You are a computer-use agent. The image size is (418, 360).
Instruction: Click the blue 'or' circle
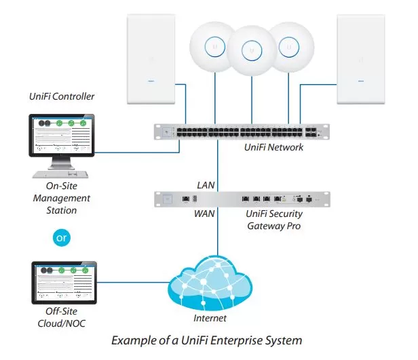62,237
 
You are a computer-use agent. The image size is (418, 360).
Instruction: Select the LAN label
206,185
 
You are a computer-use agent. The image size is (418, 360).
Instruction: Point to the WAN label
204,214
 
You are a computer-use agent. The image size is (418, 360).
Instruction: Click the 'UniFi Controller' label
62,96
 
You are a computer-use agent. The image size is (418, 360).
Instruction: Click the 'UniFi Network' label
273,147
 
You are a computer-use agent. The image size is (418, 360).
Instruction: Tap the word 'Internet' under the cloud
210,318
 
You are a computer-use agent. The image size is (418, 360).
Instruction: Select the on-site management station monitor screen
62,136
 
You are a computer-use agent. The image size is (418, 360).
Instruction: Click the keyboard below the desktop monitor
60,174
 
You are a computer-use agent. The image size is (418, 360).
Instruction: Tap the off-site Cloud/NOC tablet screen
64,283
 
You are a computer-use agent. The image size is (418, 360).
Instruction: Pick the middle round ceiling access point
252,51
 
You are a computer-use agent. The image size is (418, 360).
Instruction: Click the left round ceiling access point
212,47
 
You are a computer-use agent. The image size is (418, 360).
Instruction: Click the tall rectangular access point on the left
151,59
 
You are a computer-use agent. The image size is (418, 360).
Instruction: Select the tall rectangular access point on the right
361,59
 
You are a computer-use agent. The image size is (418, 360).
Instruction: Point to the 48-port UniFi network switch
242,132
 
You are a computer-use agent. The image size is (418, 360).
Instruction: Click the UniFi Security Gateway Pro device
242,199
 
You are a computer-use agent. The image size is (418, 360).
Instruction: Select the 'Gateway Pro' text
273,226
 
